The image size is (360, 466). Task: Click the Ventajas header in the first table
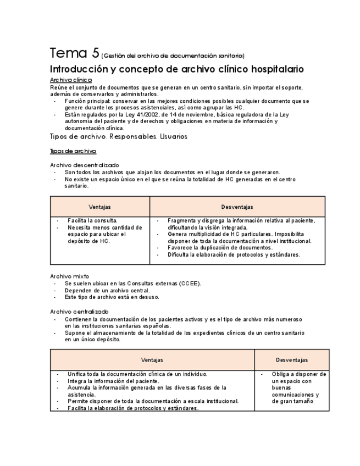[99, 207]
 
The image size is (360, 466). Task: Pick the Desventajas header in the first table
[237, 207]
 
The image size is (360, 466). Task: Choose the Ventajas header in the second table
[152, 360]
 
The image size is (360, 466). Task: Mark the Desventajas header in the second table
[291, 360]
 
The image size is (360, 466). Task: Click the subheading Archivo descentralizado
[84, 165]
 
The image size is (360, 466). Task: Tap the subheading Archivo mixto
[69, 276]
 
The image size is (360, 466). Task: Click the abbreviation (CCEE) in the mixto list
[189, 283]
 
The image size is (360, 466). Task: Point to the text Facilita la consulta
[92, 220]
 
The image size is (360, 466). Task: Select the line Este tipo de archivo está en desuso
[112, 297]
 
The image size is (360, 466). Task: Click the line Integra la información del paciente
[113, 381]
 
